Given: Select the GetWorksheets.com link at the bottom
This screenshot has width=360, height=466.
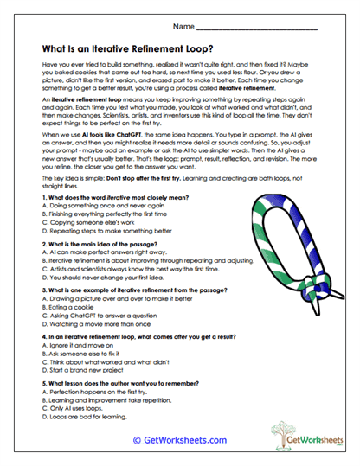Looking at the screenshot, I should click(179, 440).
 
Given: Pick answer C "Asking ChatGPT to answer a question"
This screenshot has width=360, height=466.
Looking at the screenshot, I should click(93, 318).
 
